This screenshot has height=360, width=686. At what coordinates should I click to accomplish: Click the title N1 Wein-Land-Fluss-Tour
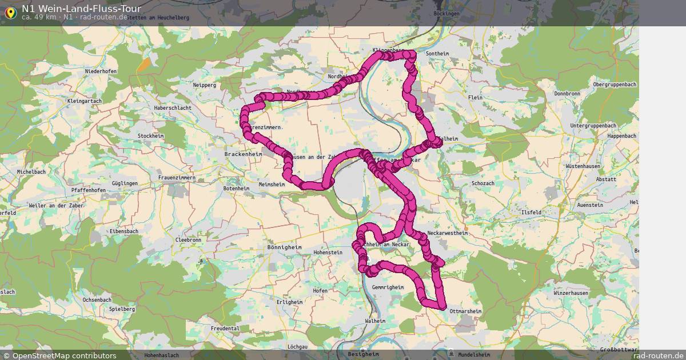(81, 9)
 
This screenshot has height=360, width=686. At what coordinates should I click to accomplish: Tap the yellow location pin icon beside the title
(10, 11)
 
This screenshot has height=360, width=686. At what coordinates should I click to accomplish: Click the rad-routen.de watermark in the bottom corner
(658, 355)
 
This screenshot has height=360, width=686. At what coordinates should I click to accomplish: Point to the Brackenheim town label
(243, 154)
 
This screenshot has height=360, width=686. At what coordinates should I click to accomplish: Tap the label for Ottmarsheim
(466, 311)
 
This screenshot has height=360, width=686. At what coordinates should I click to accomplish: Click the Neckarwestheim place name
(448, 233)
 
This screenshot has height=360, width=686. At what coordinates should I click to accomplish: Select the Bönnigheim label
(284, 248)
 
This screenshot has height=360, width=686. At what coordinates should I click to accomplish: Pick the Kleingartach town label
(85, 101)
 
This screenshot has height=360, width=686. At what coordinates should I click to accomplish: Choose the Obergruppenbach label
(615, 85)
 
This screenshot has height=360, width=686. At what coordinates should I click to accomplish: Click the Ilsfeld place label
(531, 212)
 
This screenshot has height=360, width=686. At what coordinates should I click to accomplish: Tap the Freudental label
(225, 329)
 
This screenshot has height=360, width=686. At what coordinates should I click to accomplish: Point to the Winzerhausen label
(571, 293)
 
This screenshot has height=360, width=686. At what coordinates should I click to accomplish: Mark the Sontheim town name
(438, 54)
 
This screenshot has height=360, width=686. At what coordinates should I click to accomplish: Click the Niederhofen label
(101, 71)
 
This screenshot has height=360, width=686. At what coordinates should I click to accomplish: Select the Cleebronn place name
(188, 241)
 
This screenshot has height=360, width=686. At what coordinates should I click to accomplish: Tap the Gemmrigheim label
(388, 287)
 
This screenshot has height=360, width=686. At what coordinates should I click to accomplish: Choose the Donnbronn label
(567, 93)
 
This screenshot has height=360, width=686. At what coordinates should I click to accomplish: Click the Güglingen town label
(125, 183)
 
